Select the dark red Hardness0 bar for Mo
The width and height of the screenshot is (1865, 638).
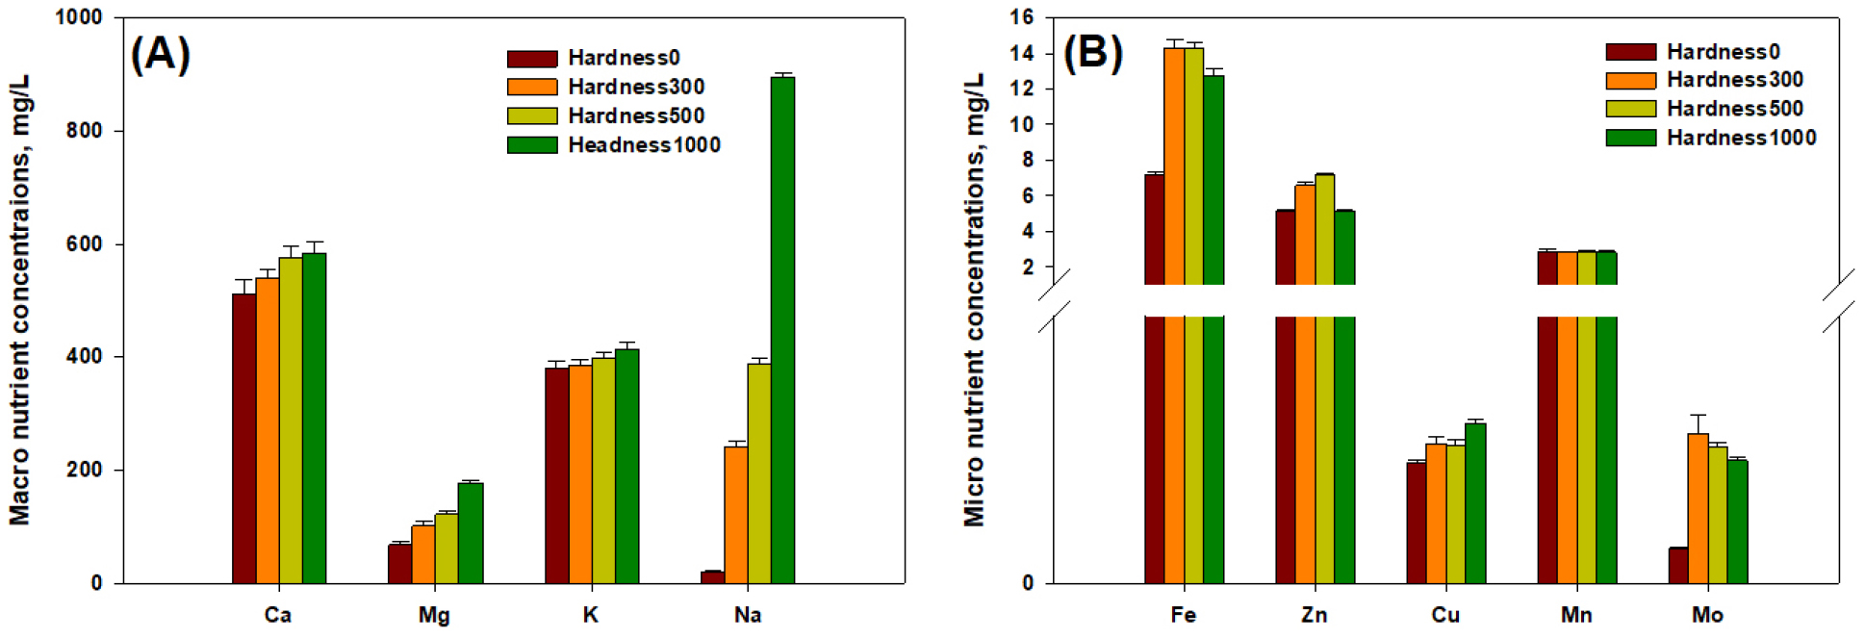tap(1677, 565)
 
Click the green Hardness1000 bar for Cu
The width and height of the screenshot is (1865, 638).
tap(1475, 502)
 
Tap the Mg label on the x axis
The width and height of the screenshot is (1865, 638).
tap(434, 615)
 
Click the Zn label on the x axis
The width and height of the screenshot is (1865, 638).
tap(1314, 615)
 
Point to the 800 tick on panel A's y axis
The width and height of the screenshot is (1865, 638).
tap(84, 131)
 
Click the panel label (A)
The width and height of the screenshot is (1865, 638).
tap(160, 54)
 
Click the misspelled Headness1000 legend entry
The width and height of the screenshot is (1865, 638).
tap(644, 144)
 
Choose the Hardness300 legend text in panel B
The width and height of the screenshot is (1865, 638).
tap(1734, 80)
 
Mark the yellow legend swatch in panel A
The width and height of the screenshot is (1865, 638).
tap(532, 115)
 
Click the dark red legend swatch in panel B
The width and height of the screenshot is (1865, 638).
tap(1630, 52)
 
